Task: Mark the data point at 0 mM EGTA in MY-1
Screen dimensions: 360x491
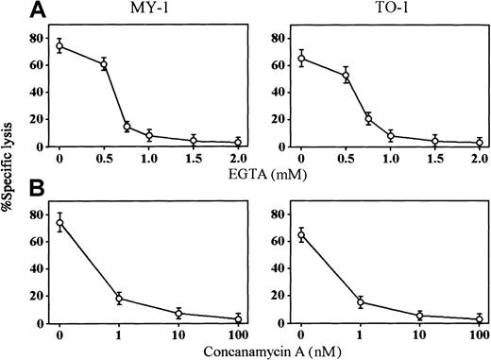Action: [59, 46]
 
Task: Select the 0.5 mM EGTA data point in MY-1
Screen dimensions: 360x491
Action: [104, 64]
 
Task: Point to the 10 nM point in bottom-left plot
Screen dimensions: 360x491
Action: [178, 314]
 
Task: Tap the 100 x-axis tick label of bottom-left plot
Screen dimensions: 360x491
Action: [237, 335]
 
